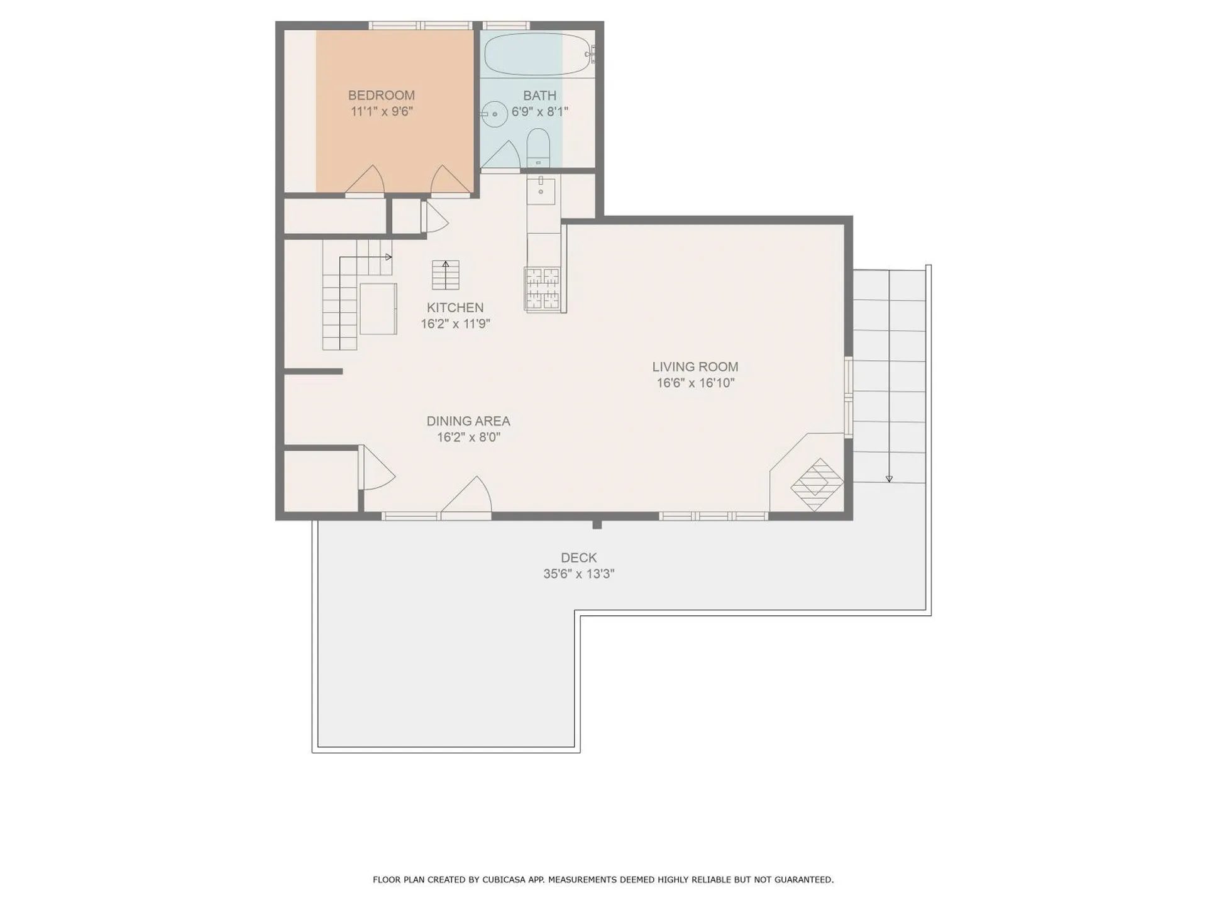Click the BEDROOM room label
click(x=381, y=96)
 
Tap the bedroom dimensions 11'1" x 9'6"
click(x=381, y=112)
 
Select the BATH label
click(x=539, y=96)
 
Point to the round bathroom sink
click(x=495, y=114)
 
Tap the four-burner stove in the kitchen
click(x=542, y=288)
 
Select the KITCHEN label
click(x=455, y=307)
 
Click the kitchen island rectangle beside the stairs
click(x=378, y=309)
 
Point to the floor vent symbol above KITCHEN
click(x=445, y=275)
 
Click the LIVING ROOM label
click(x=695, y=366)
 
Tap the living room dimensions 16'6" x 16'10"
click(x=695, y=383)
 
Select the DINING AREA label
click(x=468, y=421)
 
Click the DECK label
click(x=578, y=557)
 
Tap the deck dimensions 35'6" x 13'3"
click(x=578, y=574)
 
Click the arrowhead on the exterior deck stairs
click(x=889, y=479)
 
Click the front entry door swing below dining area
click(x=468, y=498)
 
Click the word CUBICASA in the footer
click(x=504, y=880)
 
